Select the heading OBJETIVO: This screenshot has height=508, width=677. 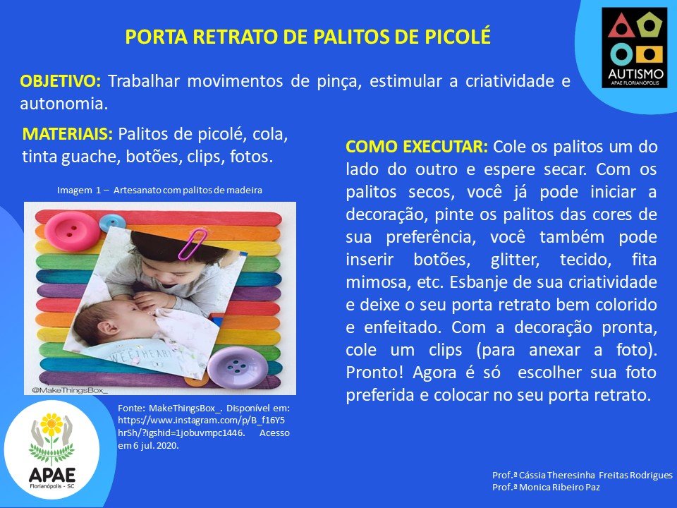pos(61,80)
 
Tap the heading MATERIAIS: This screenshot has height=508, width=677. pos(68,134)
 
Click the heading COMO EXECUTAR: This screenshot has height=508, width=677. pos(417,147)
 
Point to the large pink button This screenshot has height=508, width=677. pos(72,231)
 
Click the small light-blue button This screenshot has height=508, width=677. pos(112,222)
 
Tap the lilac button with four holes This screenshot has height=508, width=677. pos(234,367)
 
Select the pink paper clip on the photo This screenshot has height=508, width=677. pos(192,244)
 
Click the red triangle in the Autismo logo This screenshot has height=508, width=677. pos(621,27)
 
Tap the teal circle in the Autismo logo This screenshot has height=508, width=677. pos(621,54)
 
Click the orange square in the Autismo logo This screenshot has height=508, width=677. pos(649,55)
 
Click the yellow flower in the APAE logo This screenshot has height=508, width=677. pos(51,425)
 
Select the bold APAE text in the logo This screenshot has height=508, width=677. pos(52,475)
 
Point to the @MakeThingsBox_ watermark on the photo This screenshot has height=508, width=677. pos(70,390)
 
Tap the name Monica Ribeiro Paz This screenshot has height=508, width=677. pos(559,488)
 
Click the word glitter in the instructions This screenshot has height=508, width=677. pos(515,260)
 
